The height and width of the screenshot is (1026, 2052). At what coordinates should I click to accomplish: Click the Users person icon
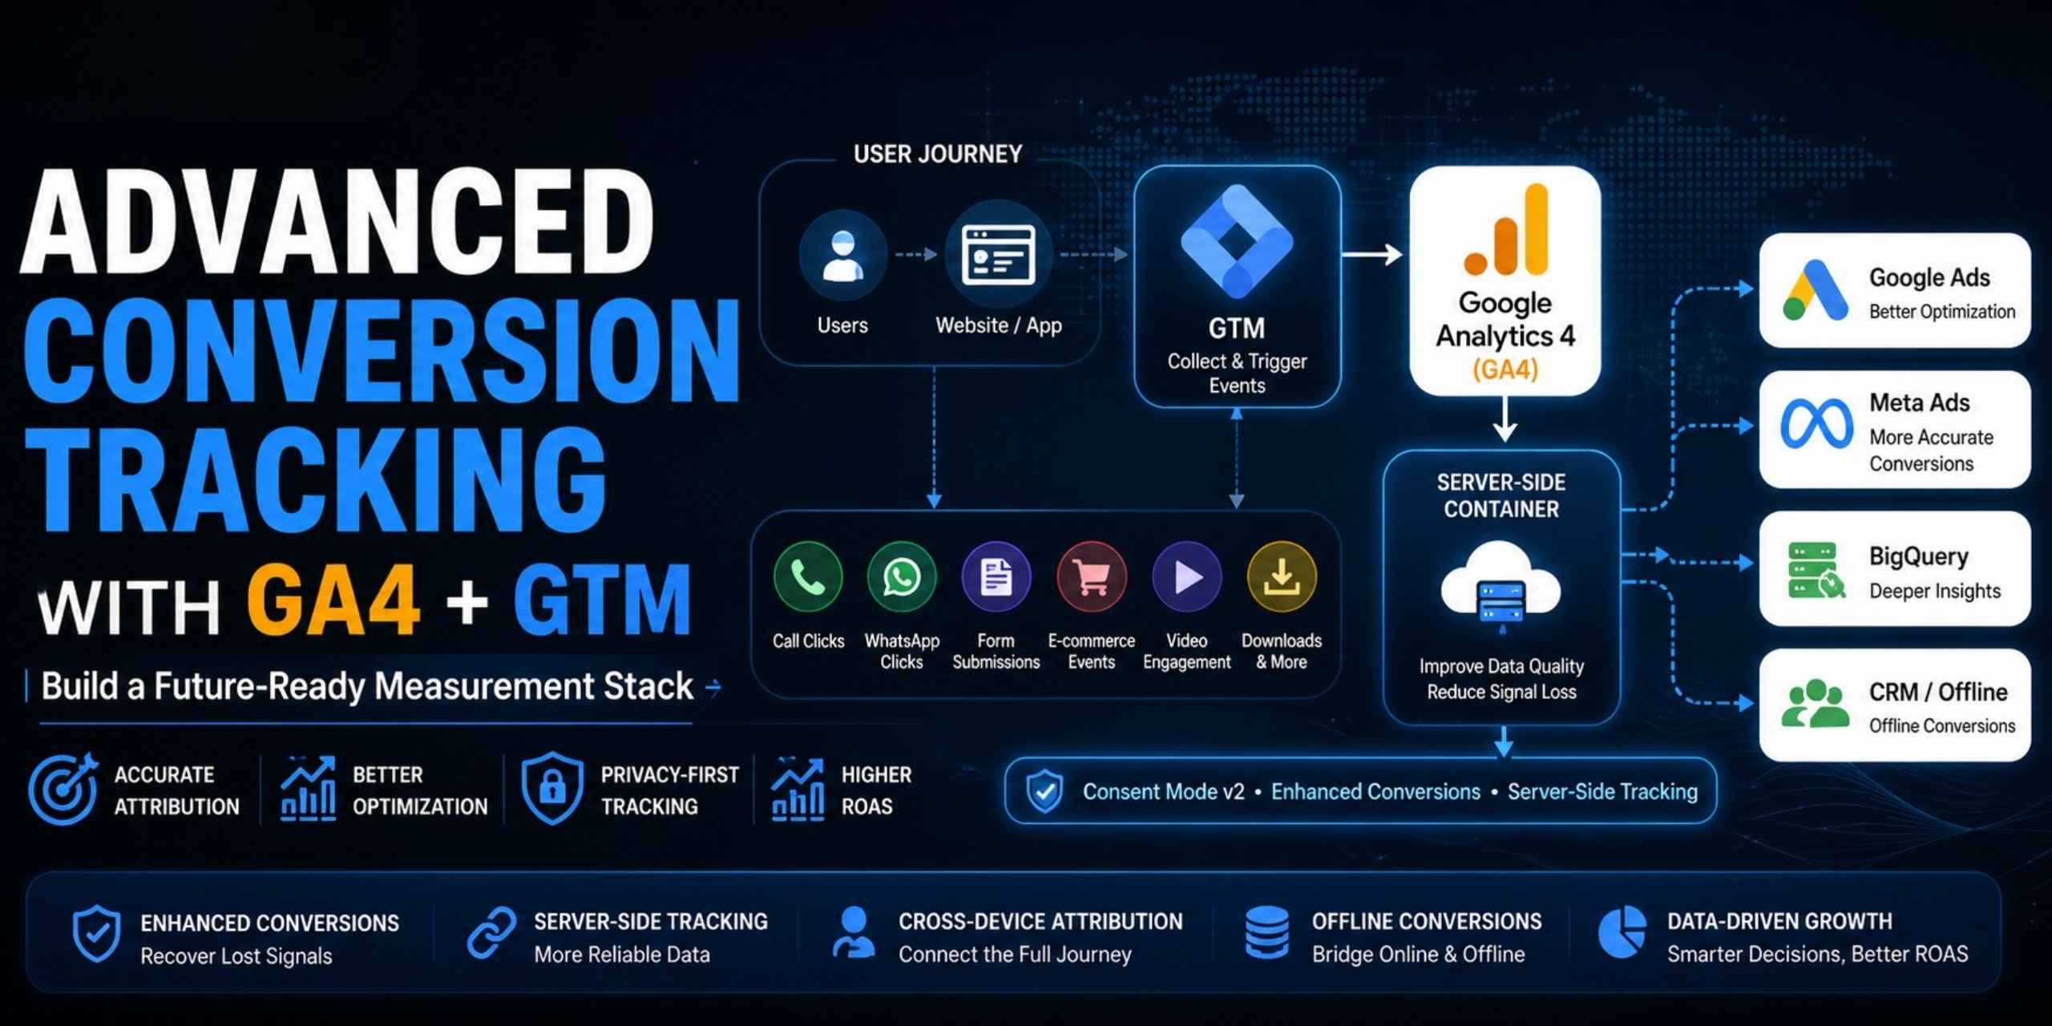click(x=842, y=255)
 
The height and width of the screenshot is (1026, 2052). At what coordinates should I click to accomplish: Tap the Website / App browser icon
click(x=998, y=255)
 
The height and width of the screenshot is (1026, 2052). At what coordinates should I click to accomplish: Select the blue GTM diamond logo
click(x=1237, y=240)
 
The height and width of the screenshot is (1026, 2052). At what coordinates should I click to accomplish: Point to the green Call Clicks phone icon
click(x=808, y=576)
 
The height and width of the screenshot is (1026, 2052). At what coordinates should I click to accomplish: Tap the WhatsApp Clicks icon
click(x=902, y=576)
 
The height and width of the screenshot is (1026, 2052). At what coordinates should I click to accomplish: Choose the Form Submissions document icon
click(x=996, y=576)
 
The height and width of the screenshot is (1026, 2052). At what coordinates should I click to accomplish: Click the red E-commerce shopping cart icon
click(x=1092, y=576)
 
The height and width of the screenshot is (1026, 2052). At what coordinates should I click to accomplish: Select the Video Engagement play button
click(x=1187, y=576)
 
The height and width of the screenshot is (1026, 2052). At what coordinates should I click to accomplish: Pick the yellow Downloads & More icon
click(x=1282, y=576)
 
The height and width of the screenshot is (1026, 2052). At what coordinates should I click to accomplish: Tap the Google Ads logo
click(x=1815, y=290)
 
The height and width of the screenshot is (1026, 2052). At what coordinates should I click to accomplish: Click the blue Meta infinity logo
click(x=1816, y=424)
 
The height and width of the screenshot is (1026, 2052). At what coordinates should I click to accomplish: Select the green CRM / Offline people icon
click(x=1815, y=704)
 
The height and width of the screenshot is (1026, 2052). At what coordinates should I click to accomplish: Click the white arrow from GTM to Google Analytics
click(x=1371, y=255)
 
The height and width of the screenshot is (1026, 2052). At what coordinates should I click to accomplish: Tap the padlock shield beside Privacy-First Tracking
click(x=551, y=788)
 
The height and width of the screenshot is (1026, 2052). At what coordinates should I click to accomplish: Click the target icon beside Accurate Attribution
click(x=63, y=789)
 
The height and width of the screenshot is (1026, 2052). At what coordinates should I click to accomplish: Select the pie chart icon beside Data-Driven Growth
click(x=1622, y=932)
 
